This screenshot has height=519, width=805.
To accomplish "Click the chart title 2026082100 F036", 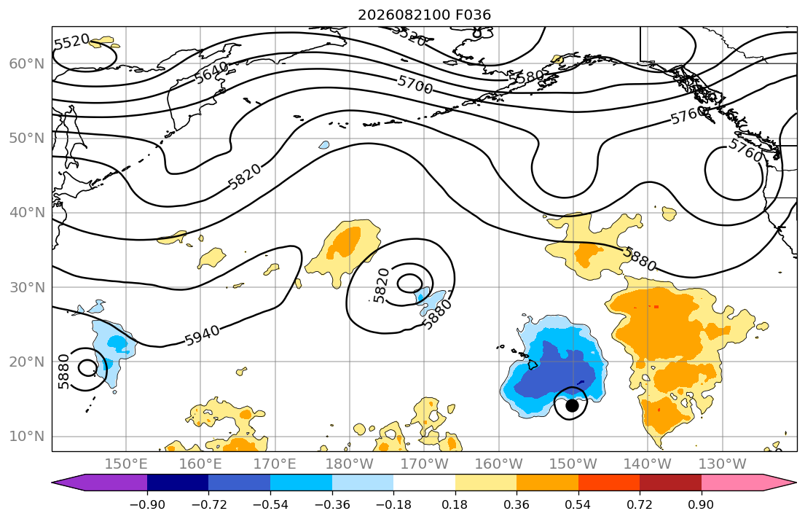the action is click(x=424, y=15).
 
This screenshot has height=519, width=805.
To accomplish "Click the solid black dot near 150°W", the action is click(x=572, y=405).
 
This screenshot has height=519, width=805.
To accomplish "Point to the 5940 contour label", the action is click(x=203, y=335).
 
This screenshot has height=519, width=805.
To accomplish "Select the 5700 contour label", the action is click(x=415, y=85).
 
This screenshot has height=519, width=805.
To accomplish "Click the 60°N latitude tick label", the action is click(x=27, y=63).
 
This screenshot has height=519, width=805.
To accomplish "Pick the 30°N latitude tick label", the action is click(x=27, y=287).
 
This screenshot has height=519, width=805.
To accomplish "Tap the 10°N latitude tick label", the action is click(x=27, y=437).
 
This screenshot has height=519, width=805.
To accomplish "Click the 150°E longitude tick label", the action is click(x=126, y=464).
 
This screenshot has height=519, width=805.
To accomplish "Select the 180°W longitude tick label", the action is click(x=350, y=464).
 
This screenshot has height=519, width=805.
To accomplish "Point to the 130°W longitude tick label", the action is click(x=723, y=464).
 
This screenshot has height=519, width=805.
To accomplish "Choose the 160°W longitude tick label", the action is click(x=499, y=464).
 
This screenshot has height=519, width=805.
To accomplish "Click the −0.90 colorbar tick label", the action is click(x=147, y=504).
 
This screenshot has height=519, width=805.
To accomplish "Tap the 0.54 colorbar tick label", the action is click(x=578, y=504).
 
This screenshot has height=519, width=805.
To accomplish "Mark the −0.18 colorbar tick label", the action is click(x=394, y=504).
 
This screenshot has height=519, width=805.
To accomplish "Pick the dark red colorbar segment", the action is click(x=670, y=483).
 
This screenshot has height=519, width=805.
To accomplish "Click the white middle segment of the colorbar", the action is click(x=425, y=483).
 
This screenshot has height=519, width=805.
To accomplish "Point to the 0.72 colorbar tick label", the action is click(x=640, y=504).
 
